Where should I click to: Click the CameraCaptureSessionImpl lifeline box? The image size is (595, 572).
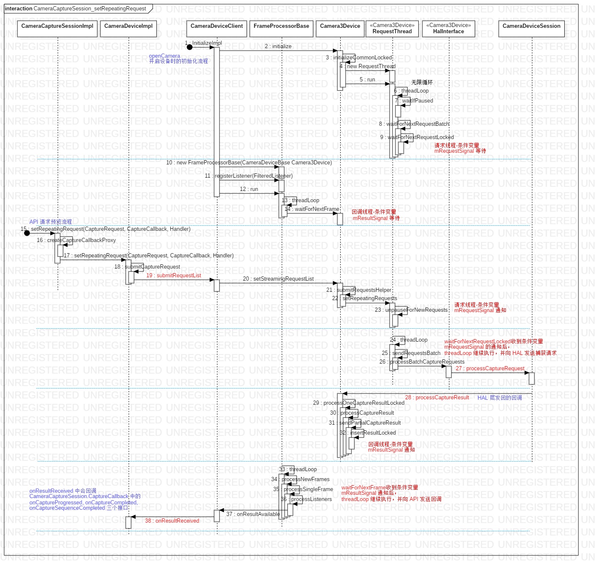pos(57,29)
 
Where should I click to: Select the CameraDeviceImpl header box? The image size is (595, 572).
pos(129,29)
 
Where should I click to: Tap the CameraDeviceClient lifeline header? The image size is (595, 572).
pos(217,29)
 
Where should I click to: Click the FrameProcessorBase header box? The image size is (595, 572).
pos(281,29)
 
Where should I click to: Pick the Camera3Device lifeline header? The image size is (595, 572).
pos(340,29)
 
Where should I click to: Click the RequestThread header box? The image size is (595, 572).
pos(392,29)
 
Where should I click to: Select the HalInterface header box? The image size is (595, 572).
pos(449,29)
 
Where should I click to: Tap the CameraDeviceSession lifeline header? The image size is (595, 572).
pos(532,29)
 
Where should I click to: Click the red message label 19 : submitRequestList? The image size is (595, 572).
pos(173,276)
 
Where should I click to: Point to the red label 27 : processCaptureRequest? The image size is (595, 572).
pos(490,369)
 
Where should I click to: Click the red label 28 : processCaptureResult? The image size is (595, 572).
pos(437,398)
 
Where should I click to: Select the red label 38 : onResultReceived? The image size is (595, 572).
pos(172,521)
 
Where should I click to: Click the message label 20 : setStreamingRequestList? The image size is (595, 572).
pos(278,279)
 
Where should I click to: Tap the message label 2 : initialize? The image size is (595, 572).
pos(278,46)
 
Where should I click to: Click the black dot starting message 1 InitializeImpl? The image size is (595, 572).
pos(190,47)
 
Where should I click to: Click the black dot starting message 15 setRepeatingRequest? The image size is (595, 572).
pos(27,233)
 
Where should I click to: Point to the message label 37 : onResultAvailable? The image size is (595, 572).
pos(253,514)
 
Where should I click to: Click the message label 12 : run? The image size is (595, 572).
pos(249,189)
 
